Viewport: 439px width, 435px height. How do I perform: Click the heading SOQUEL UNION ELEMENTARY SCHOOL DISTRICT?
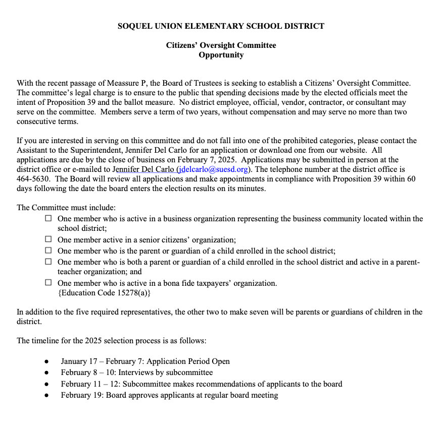pyautogui.click(x=221, y=26)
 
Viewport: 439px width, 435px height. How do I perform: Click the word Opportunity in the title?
pyautogui.click(x=221, y=55)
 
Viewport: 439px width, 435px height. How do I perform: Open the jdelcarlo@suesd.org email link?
pyautogui.click(x=213, y=169)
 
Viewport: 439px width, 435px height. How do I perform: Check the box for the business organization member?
pyautogui.click(x=48, y=219)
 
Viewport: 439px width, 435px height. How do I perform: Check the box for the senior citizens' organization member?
pyautogui.click(x=48, y=240)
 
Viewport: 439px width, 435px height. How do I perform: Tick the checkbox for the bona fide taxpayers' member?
pyautogui.click(x=48, y=283)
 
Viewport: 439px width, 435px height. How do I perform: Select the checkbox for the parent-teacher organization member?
pyautogui.click(x=48, y=262)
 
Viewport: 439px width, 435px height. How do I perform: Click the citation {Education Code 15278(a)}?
pyautogui.click(x=105, y=293)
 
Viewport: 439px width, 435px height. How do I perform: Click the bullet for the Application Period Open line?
pyautogui.click(x=47, y=362)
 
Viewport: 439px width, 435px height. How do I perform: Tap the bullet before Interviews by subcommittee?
pyautogui.click(x=47, y=373)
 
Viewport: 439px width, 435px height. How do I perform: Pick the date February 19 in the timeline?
pyautogui.click(x=82, y=395)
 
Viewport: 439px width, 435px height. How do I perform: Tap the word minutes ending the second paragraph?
pyautogui.click(x=251, y=189)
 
